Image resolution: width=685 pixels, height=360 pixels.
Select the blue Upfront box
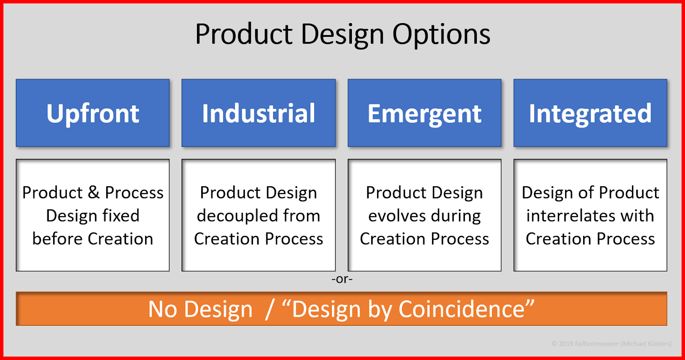pos(92,113)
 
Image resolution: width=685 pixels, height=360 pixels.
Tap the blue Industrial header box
pos(258,113)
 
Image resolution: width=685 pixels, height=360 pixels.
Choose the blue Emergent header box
pos(424,113)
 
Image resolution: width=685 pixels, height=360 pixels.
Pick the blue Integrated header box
pos(590,113)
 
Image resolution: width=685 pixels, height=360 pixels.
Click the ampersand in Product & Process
pos(94,193)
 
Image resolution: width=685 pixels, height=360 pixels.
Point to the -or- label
pos(342,279)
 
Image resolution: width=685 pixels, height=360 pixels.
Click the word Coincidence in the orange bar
pos(462,309)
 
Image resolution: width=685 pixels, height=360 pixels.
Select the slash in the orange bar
pos(269,309)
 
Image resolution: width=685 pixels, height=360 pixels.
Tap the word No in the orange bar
pos(162,309)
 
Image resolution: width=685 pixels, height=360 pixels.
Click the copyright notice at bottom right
pos(611,344)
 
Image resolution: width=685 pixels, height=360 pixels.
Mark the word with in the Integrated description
pos(637,216)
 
